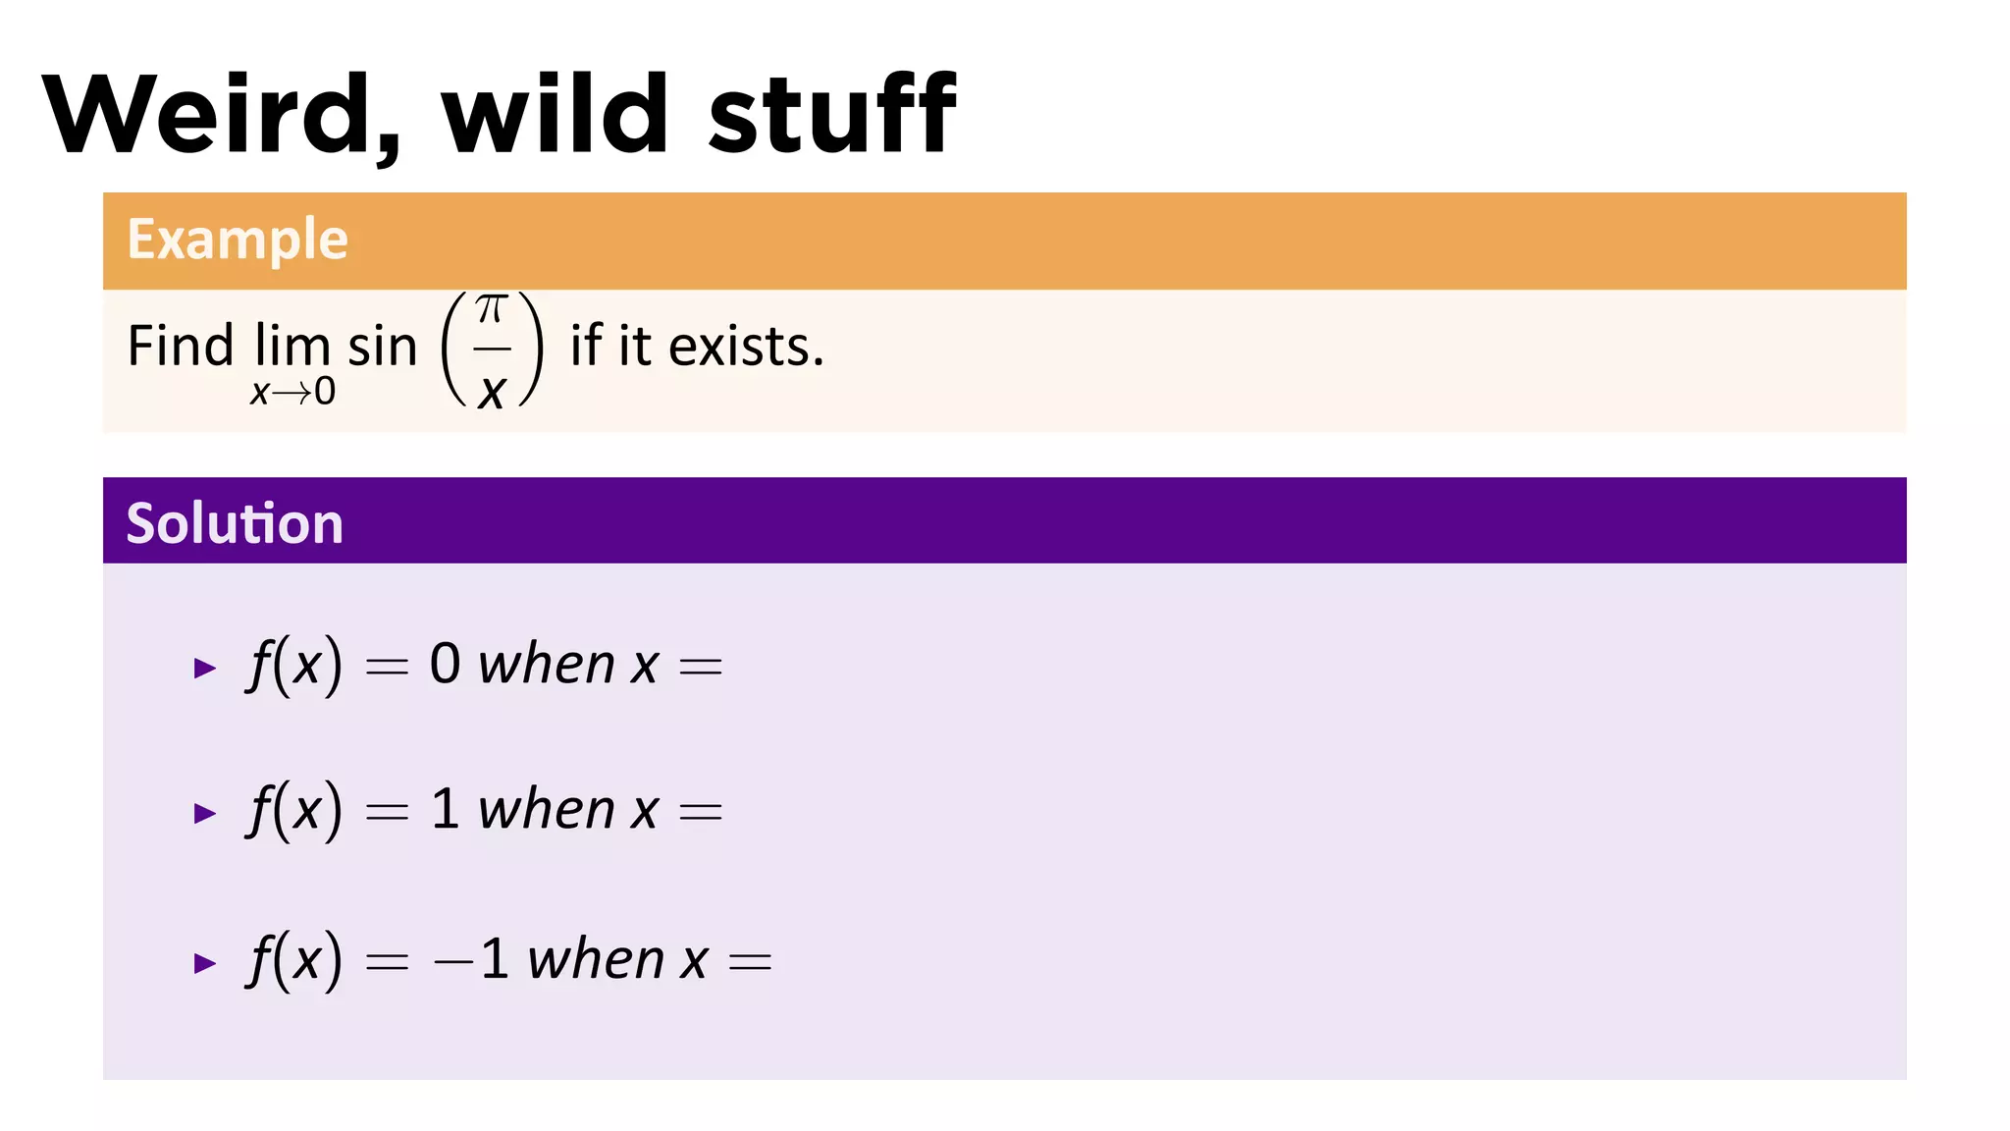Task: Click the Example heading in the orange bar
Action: tap(238, 240)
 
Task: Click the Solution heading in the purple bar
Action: tap(235, 522)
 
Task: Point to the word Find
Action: tap(181, 347)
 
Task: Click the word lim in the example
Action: tap(291, 347)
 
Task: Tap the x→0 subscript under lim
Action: tap(292, 393)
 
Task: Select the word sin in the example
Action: tap(383, 348)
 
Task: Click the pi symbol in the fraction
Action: tap(491, 310)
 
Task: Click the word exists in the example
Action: tap(746, 347)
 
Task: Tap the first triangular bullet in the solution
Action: tap(205, 669)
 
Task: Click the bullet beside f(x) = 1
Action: tap(205, 813)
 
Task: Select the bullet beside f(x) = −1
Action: tap(205, 963)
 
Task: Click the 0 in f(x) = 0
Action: tap(445, 665)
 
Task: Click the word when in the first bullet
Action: tap(547, 665)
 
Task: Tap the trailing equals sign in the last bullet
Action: tap(750, 962)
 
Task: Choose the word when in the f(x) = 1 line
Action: tap(547, 810)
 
